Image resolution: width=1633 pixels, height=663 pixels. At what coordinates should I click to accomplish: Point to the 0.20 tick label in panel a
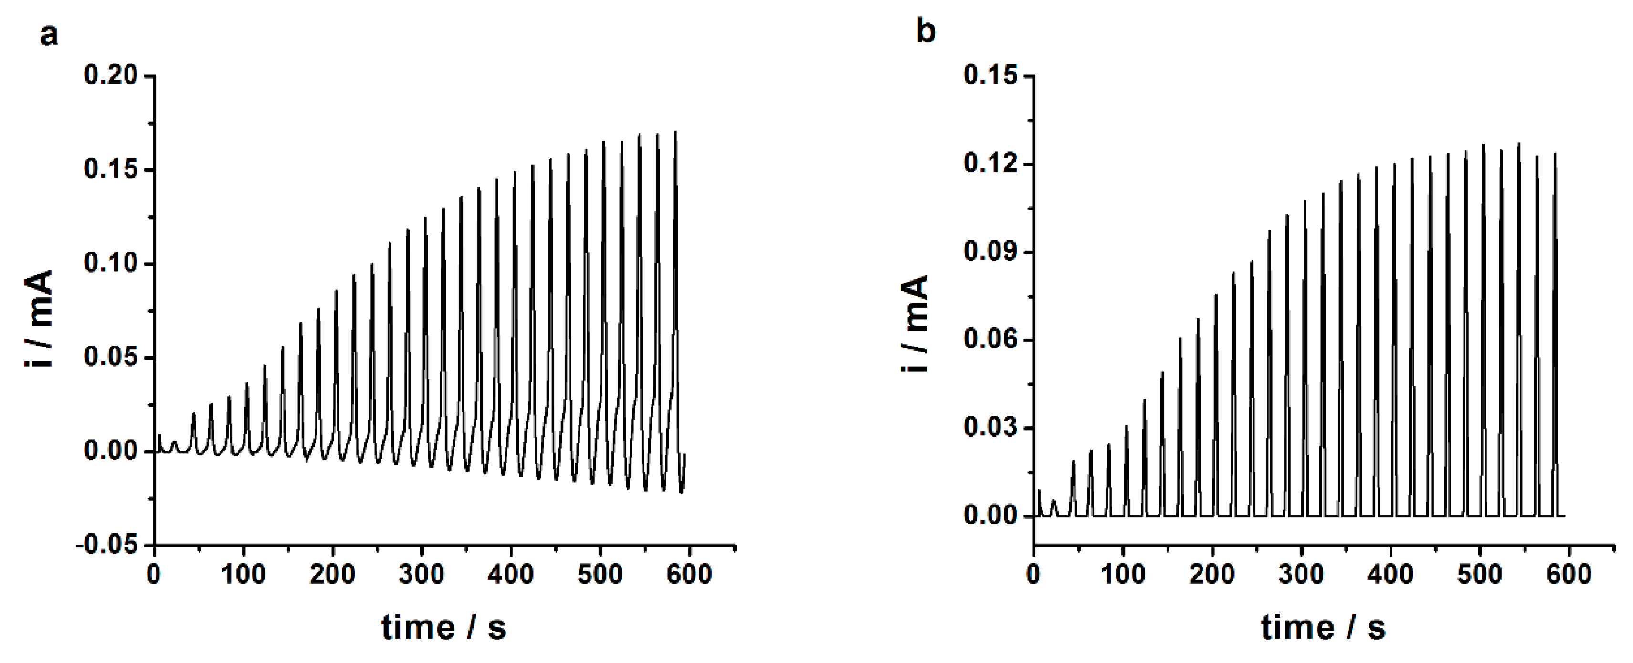click(111, 75)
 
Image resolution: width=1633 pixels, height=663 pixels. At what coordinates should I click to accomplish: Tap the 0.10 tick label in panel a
click(111, 263)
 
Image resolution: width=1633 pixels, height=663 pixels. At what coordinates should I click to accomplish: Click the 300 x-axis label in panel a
click(421, 574)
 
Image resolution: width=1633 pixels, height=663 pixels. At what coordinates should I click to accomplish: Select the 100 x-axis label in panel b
click(1123, 574)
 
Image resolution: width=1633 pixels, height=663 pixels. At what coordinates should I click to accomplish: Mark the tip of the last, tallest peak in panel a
click(676, 132)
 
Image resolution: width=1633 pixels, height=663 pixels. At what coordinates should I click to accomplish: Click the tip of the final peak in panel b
click(1555, 153)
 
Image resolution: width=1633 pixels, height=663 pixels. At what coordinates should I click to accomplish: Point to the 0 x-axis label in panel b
click(1033, 574)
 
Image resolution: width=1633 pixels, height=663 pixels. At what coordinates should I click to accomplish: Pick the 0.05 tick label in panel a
click(111, 357)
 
